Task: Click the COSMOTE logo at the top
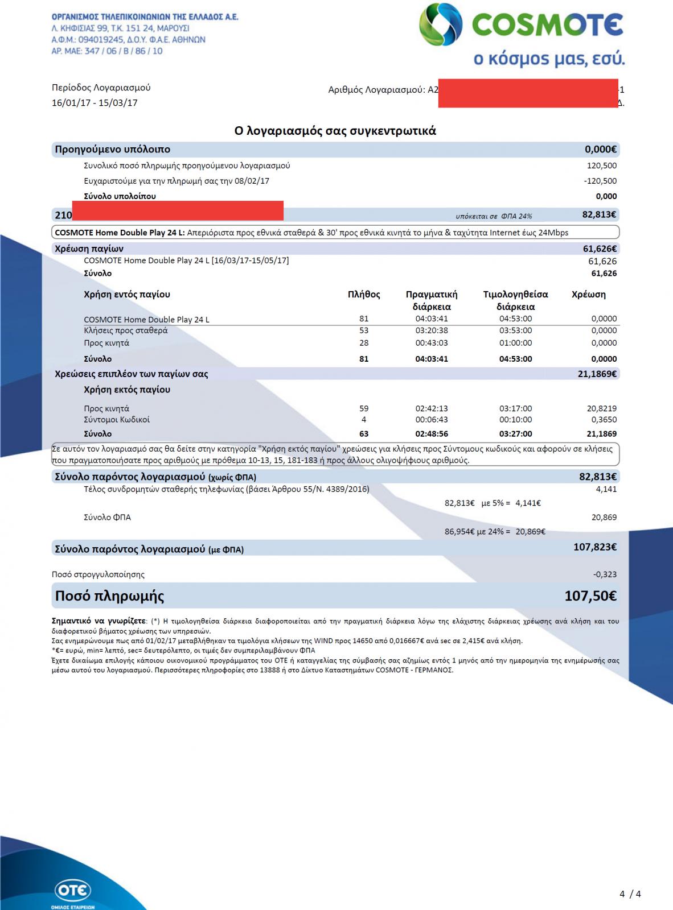pos(521,26)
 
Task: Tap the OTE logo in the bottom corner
pos(73,891)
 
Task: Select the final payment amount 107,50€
pos(590,596)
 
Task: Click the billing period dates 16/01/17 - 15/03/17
pos(95,103)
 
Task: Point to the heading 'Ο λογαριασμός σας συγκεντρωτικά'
pos(335,131)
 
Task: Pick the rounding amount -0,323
pos(605,574)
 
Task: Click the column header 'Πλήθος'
pos(364,295)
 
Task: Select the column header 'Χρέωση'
pos(588,295)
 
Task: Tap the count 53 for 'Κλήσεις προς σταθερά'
pos(364,330)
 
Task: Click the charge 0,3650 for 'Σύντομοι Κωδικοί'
pos(604,420)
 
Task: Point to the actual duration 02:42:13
pos(432,408)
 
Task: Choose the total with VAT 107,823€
pos(595,547)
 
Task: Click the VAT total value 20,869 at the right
pos(604,518)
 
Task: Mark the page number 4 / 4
pos(630,894)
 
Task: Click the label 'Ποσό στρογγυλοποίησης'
pos(98,574)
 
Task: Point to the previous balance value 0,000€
pos(601,150)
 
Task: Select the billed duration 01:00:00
pos(515,343)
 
